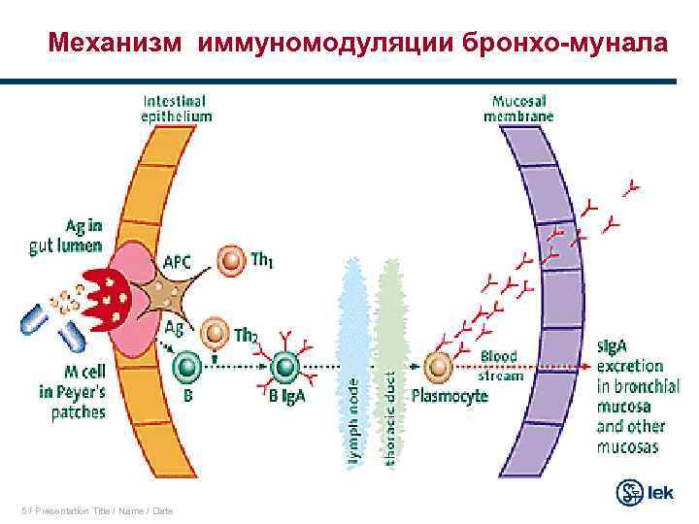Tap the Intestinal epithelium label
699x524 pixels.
tap(177, 108)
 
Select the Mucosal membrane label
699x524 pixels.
tap(519, 108)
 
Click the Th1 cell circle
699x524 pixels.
tap(231, 262)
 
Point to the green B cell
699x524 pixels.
tap(187, 367)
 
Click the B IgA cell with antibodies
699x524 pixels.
tap(284, 367)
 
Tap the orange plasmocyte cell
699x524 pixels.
tap(440, 367)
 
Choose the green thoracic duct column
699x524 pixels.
tap(388, 364)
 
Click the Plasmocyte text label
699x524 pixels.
tap(449, 396)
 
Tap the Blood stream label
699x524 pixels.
tap(503, 366)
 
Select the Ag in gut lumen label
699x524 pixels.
tap(66, 238)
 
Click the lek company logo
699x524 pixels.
tap(646, 492)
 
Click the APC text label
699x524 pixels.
tap(177, 261)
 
